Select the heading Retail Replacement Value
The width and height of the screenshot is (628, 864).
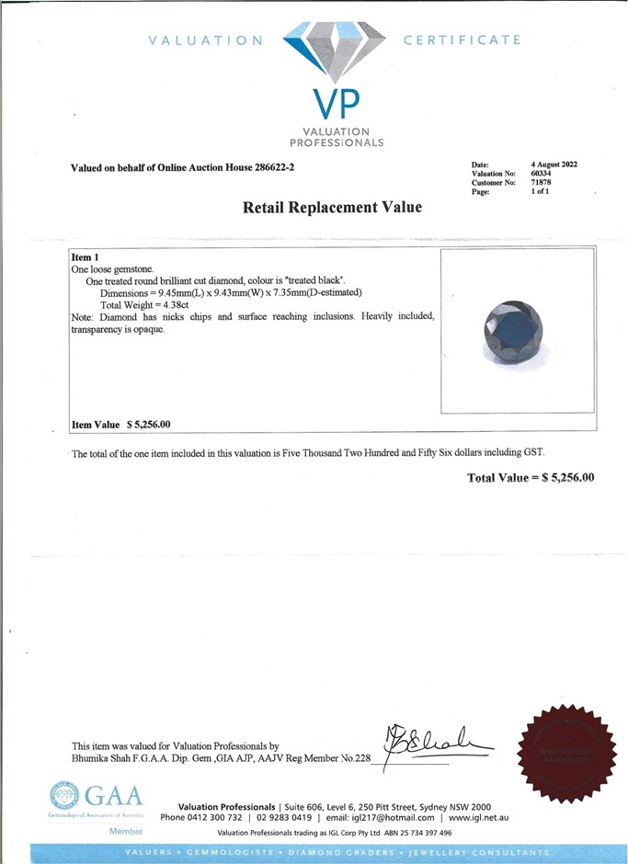tap(332, 208)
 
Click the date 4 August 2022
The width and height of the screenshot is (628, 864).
tap(554, 165)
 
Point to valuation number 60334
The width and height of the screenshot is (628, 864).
tap(542, 174)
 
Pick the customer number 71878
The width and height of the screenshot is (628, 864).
tap(542, 183)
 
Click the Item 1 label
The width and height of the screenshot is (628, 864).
tap(85, 256)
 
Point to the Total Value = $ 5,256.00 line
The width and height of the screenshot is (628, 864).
tap(531, 478)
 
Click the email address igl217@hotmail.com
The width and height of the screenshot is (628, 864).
tap(383, 818)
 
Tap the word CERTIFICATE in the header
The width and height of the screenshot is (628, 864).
tap(462, 40)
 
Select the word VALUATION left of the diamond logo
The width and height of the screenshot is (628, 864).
tap(205, 40)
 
